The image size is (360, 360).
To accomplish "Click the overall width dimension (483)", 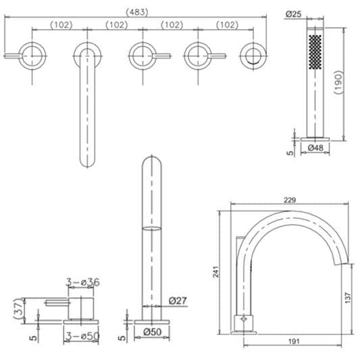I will [137, 11].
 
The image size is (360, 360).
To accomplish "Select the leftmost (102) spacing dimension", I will [59, 25].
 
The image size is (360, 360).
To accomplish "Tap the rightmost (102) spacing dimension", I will [226, 25].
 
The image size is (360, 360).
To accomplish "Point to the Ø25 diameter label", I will [294, 13].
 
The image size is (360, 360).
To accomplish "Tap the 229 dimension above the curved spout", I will [290, 200].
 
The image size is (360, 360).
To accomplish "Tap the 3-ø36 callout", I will [84, 282].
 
